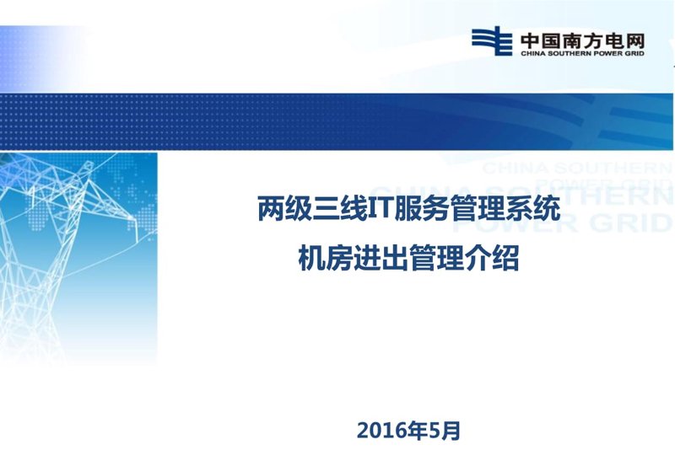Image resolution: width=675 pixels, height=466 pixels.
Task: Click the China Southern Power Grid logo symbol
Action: [x=492, y=40]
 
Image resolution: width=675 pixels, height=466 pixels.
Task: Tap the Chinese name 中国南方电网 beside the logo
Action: [x=583, y=41]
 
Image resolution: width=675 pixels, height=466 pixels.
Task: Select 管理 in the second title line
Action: [x=436, y=258]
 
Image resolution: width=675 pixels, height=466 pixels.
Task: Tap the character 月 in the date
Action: [x=451, y=431]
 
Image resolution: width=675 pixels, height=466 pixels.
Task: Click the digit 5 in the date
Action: [x=435, y=431]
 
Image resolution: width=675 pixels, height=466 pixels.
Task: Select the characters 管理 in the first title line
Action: [x=477, y=209]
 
